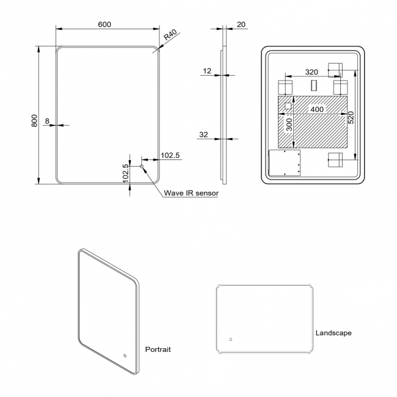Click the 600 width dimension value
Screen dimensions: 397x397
pyautogui.click(x=104, y=24)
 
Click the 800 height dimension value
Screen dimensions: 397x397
pyautogui.click(x=34, y=121)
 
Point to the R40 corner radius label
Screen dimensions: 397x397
pyautogui.click(x=170, y=35)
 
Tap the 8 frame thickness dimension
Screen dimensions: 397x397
pyautogui.click(x=47, y=121)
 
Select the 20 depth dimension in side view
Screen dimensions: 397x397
pyautogui.click(x=241, y=24)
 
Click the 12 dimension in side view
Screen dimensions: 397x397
pyautogui.click(x=207, y=71)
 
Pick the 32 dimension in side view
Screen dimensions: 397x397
pyautogui.click(x=203, y=134)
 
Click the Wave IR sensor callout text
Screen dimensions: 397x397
pyautogui.click(x=191, y=193)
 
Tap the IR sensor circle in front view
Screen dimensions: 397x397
pyautogui.click(x=142, y=166)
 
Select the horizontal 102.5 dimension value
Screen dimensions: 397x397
pyautogui.click(x=170, y=155)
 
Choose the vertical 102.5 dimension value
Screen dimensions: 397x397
pyautogui.click(x=126, y=173)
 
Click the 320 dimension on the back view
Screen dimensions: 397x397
pyautogui.click(x=311, y=72)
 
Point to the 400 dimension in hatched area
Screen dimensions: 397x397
pyautogui.click(x=317, y=109)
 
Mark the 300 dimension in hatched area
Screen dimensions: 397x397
pyautogui.click(x=289, y=125)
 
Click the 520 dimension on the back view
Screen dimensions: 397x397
pyautogui.click(x=351, y=118)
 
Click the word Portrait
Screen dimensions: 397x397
pyautogui.click(x=158, y=349)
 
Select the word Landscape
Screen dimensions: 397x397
pyautogui.click(x=333, y=333)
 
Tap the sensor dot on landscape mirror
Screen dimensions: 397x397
pyautogui.click(x=230, y=339)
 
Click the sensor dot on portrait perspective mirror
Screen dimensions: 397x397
pyautogui.click(x=125, y=355)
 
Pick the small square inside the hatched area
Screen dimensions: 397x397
pyautogui.click(x=288, y=106)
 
